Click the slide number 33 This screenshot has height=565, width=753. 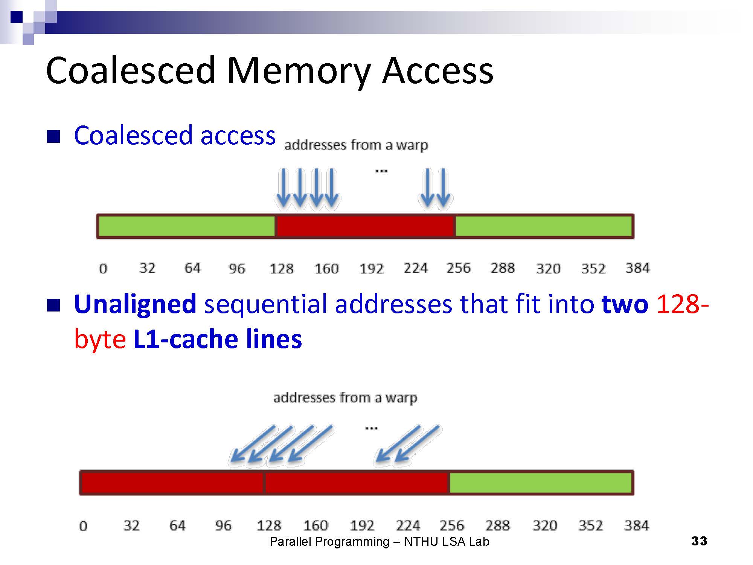699,541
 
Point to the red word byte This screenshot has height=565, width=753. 100,339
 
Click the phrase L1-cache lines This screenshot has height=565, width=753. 218,339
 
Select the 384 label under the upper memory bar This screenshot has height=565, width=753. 637,268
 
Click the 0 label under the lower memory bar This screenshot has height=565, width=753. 83,526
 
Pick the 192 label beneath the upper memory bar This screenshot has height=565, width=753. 371,269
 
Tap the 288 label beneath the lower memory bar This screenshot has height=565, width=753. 497,525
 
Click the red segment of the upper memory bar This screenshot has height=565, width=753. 365,226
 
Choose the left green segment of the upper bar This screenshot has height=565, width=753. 186,226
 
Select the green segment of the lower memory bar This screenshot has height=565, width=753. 540,483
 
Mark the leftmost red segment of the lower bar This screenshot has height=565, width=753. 172,483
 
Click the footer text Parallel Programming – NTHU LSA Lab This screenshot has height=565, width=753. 380,542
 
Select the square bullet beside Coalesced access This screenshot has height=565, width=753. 53,136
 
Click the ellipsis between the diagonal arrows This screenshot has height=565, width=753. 371,428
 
